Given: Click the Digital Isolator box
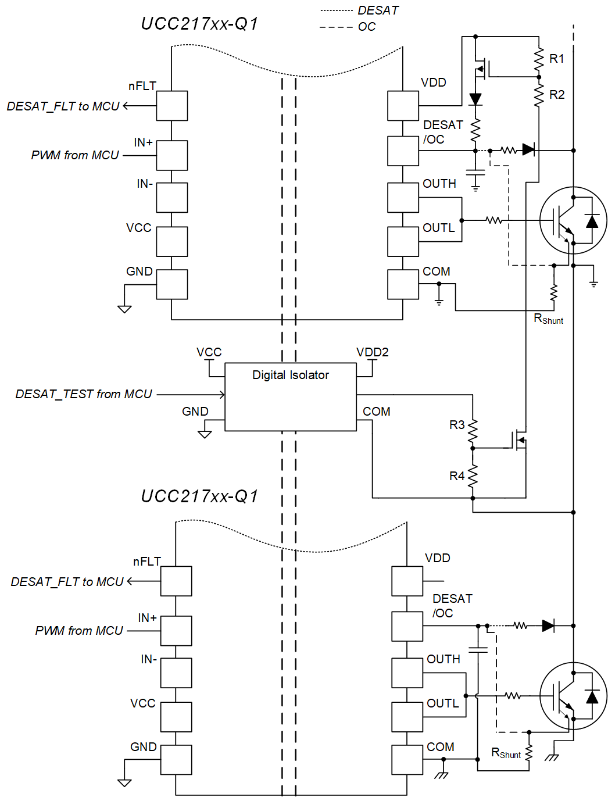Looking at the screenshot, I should pos(290,397).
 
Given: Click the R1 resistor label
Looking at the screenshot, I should pos(557,59).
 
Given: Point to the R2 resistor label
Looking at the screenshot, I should pos(557,95).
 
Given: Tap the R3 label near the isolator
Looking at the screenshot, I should pos(457,425).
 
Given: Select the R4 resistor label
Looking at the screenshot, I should pos(457,476).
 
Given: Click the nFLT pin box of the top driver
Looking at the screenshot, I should pos(171,106).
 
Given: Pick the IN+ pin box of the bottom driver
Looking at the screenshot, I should pos(176,631).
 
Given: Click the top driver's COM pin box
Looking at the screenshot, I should pos(403,284).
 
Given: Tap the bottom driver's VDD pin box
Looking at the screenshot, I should pos(407,581).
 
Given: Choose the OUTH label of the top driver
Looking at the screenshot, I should pos(439,184).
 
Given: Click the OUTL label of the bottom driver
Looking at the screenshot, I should pos(443,703).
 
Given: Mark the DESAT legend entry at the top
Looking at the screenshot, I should pos(378,10).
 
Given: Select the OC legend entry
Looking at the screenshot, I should pos(367,27).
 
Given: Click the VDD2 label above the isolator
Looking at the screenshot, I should pos(373,352).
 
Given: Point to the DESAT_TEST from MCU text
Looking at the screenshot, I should pos(84,394).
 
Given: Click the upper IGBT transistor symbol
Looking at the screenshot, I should pos(573,220).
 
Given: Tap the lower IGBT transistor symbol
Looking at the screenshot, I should pos(573,696).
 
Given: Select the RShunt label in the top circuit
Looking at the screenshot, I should pos(548,319).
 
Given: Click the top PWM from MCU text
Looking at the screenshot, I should pos(75,155).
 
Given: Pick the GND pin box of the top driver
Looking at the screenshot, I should pos(171,284).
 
